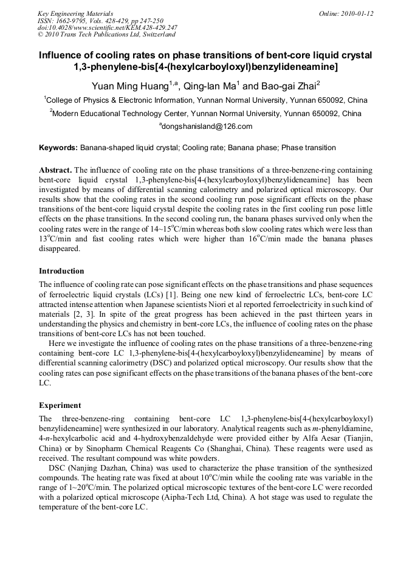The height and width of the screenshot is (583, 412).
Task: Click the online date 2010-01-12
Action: [x=359, y=13]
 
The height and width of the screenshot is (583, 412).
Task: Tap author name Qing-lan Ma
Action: [x=205, y=86]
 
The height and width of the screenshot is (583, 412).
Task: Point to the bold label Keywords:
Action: [x=58, y=148]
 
